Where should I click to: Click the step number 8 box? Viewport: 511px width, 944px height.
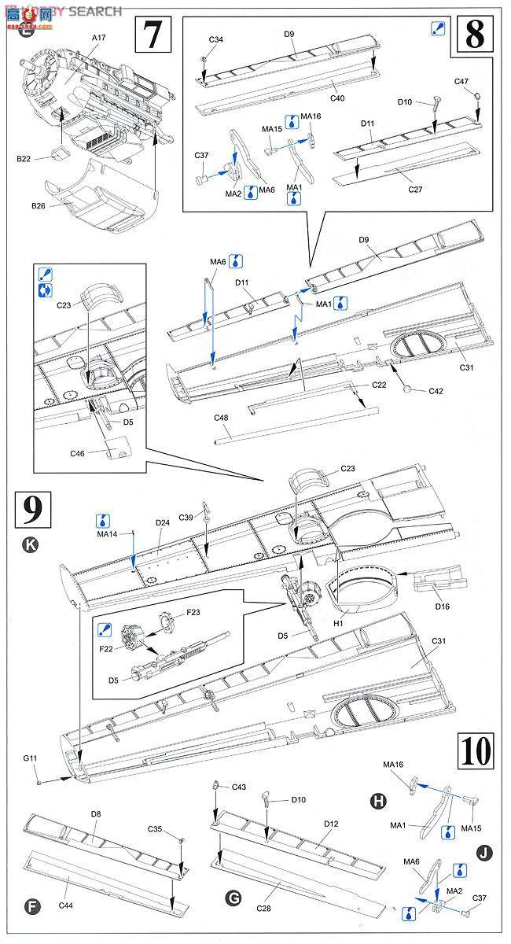(x=474, y=34)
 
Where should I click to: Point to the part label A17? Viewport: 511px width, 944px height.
(x=98, y=36)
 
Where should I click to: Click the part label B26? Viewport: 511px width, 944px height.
(x=39, y=206)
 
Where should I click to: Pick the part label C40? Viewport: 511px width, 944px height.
(x=337, y=98)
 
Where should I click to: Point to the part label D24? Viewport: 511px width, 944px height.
(x=163, y=522)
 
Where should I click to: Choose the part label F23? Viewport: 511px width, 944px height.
(x=193, y=612)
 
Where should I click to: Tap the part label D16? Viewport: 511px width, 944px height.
(x=441, y=607)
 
